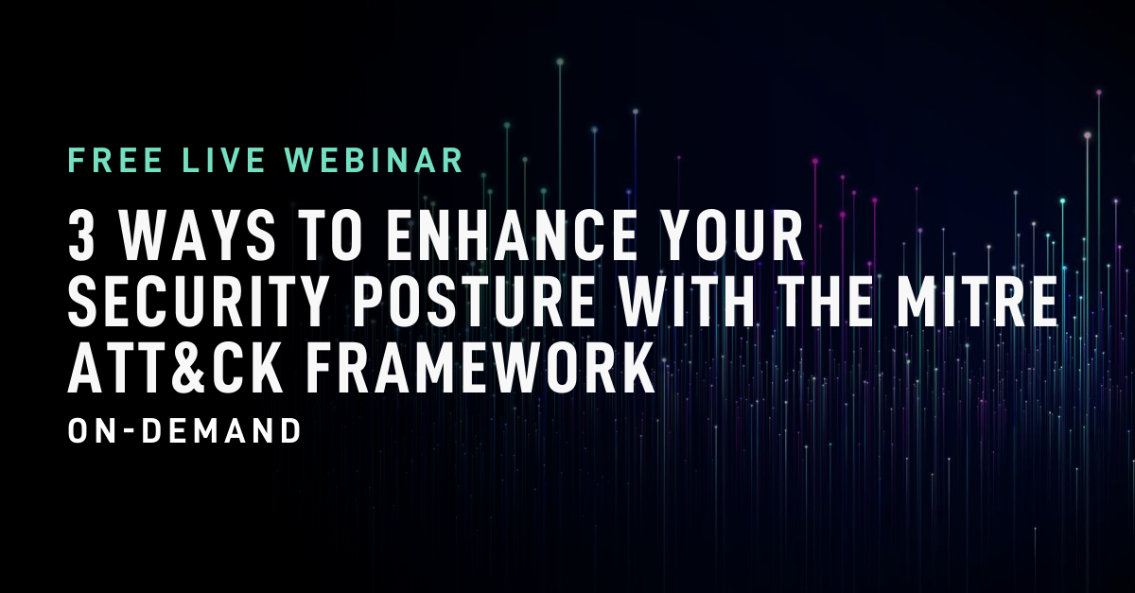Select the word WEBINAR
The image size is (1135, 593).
tap(375, 160)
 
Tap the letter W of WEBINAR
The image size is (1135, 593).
tap(300, 160)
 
